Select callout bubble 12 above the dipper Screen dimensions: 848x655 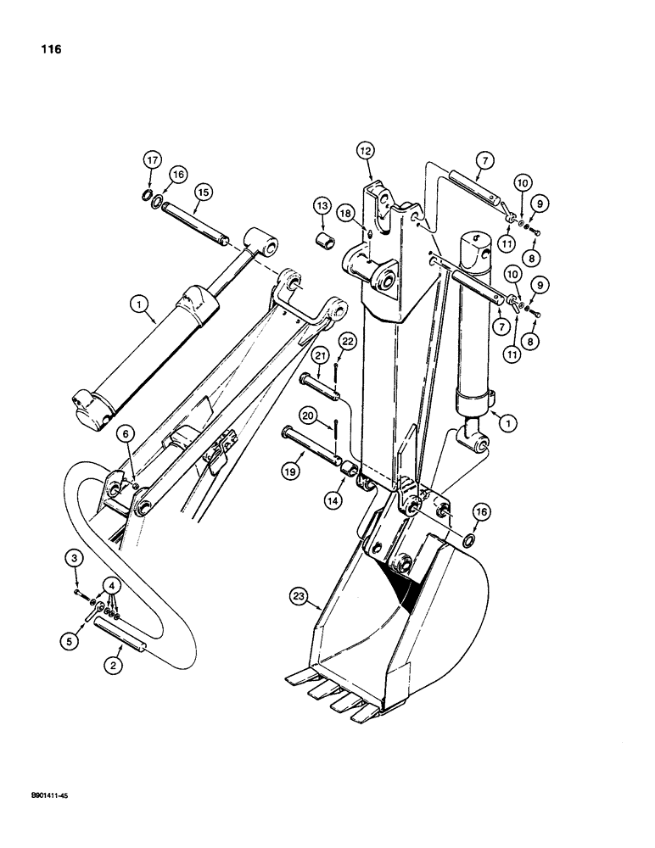click(366, 150)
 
